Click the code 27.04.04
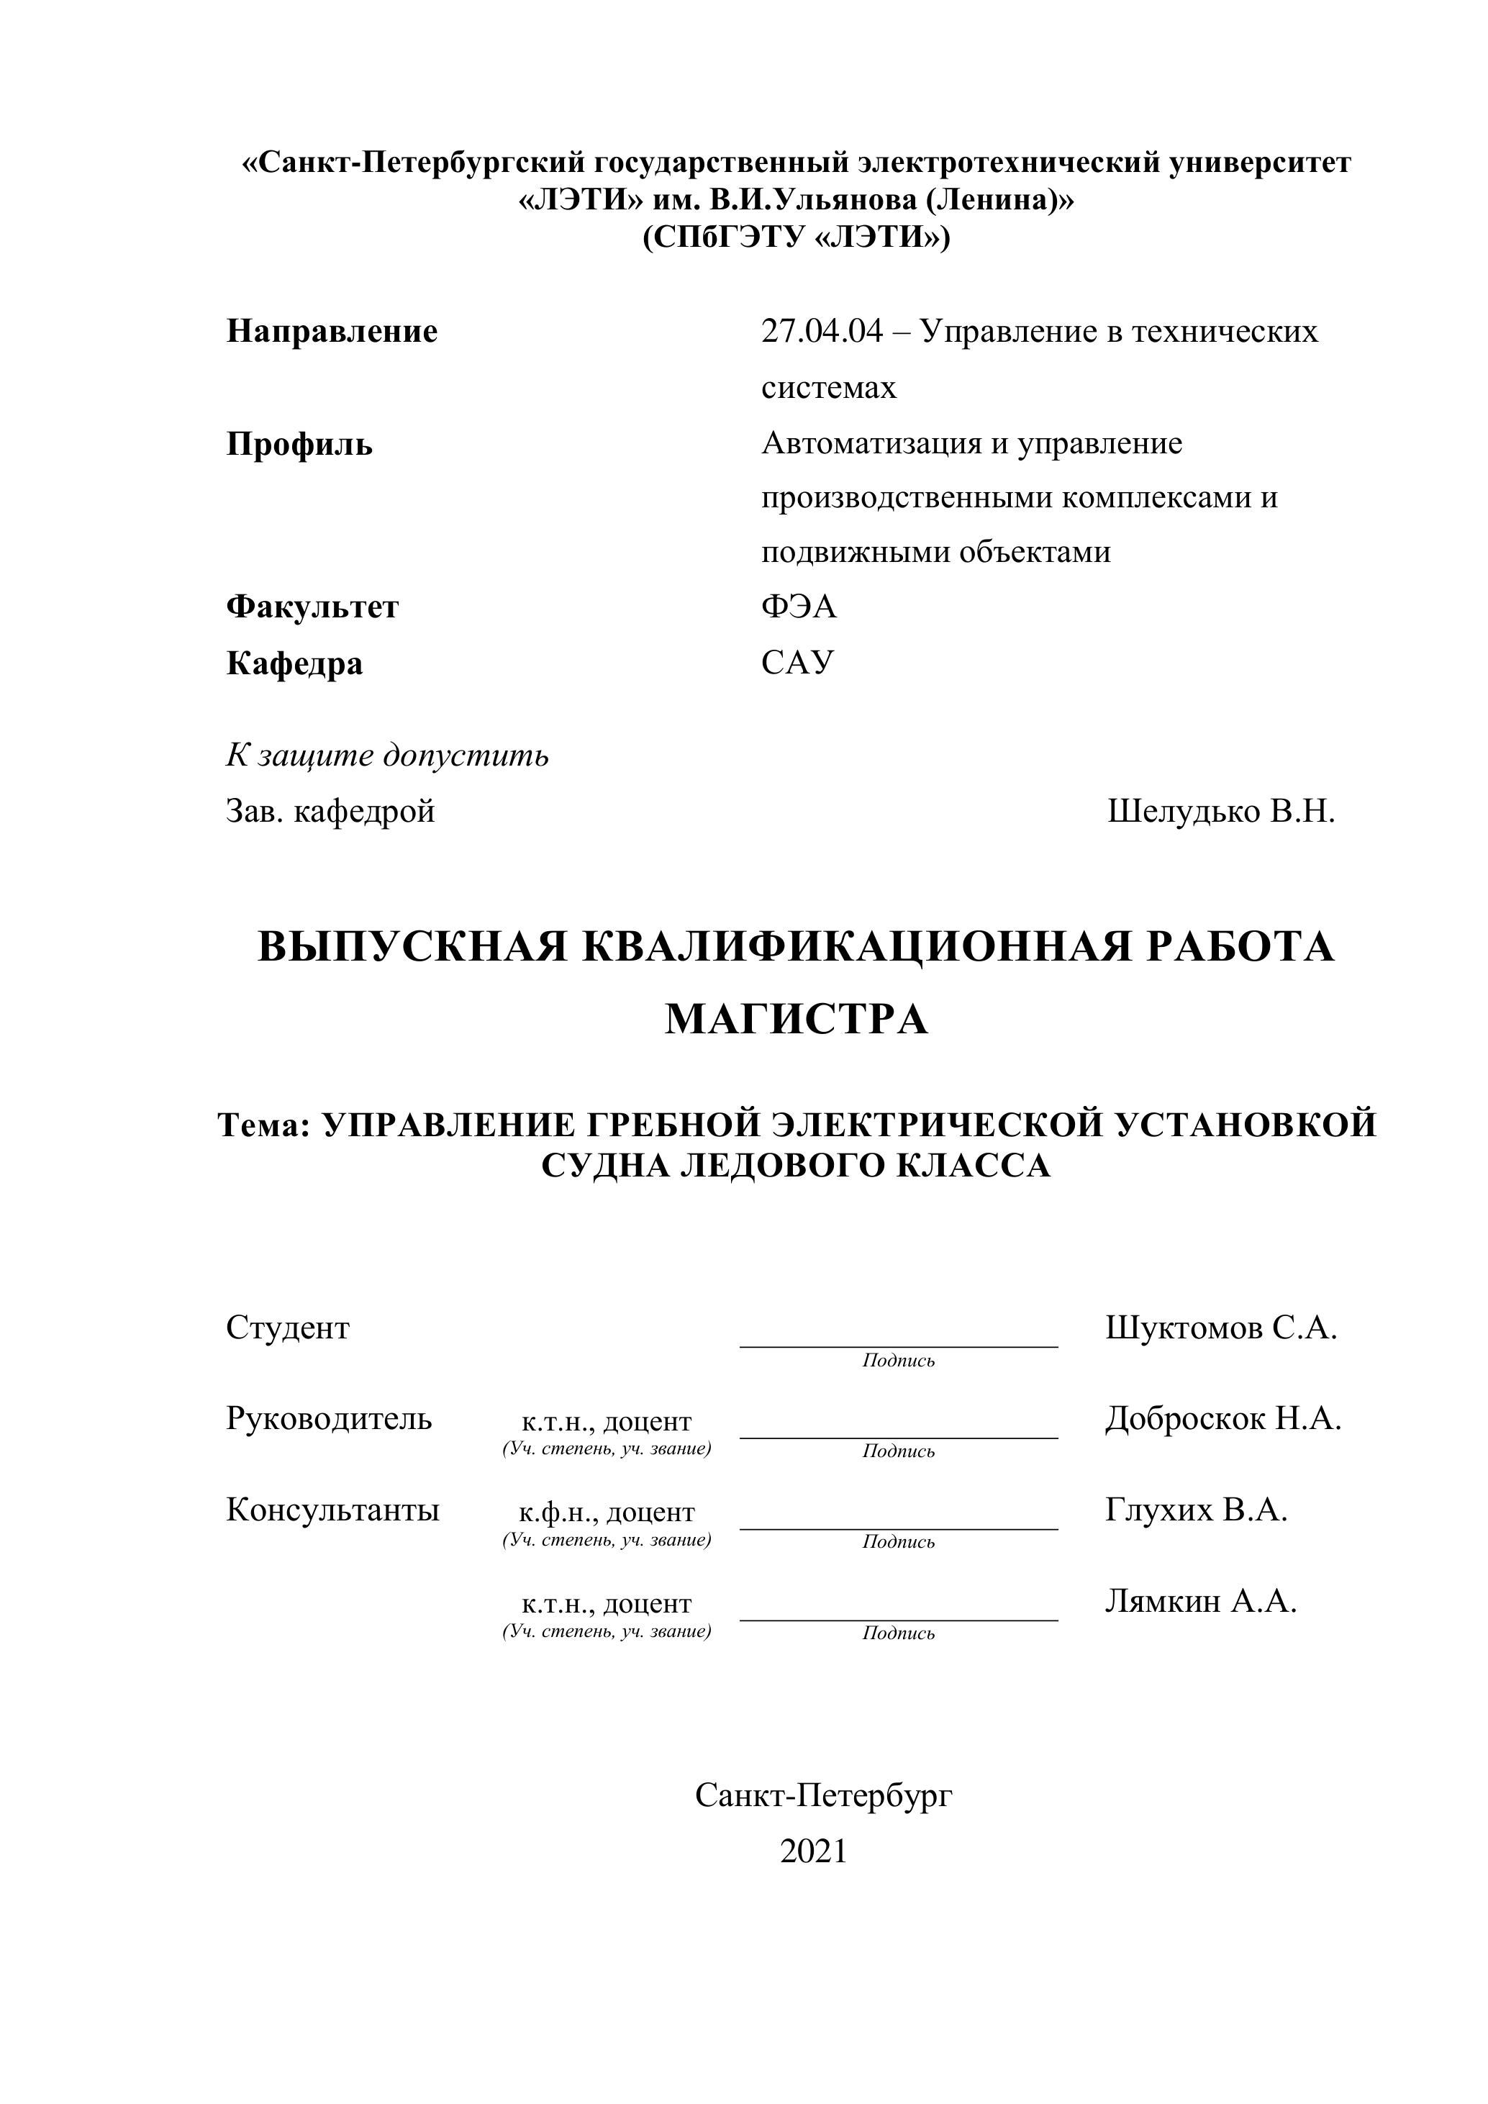click(822, 332)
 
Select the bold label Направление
click(332, 332)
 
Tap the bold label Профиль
click(299, 445)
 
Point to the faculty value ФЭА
click(799, 607)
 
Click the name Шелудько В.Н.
click(1221, 811)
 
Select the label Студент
click(288, 1328)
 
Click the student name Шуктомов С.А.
click(1221, 1328)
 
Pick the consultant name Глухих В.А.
click(1197, 1510)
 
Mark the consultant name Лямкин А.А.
click(1200, 1602)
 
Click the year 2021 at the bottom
click(814, 1851)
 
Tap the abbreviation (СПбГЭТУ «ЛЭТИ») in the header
click(797, 238)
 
